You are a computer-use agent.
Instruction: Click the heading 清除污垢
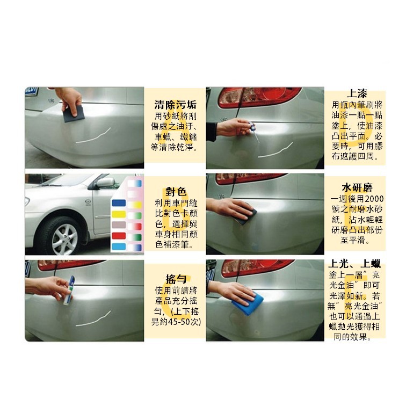175,105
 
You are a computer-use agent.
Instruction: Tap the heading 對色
176,192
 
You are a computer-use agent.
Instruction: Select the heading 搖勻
176,279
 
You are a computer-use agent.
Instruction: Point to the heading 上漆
357,93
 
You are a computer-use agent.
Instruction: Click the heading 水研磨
357,187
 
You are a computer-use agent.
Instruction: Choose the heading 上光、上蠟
354,264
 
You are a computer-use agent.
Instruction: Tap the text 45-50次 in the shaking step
184,322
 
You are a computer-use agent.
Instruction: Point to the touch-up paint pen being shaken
68,290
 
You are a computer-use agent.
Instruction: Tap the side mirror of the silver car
104,183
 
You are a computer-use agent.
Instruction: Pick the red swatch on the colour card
119,236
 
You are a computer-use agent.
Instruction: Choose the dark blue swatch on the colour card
119,203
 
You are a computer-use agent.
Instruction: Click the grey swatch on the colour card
119,224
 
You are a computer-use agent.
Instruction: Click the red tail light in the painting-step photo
259,97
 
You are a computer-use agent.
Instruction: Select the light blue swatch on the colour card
119,247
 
